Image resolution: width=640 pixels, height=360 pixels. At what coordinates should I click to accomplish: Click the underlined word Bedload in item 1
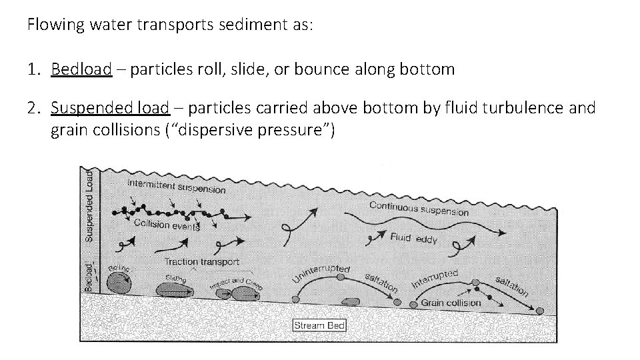pyautogui.click(x=81, y=69)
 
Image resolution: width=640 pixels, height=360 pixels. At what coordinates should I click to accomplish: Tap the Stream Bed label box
pyautogui.click(x=319, y=325)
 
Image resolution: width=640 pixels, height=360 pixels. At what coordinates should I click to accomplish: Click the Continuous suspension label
pyautogui.click(x=419, y=208)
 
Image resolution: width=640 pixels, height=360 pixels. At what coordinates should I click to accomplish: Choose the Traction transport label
pyautogui.click(x=201, y=262)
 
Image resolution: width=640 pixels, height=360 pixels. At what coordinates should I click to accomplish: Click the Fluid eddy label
pyautogui.click(x=413, y=238)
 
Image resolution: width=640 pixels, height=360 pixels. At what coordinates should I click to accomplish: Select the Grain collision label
pyautogui.click(x=451, y=303)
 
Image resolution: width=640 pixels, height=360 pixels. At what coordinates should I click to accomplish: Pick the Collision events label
pyautogui.click(x=166, y=225)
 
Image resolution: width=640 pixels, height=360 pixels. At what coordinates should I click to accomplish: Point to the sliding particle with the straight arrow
pyautogui.click(x=173, y=289)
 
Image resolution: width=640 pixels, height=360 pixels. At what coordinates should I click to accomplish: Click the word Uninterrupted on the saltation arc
pyautogui.click(x=321, y=274)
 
